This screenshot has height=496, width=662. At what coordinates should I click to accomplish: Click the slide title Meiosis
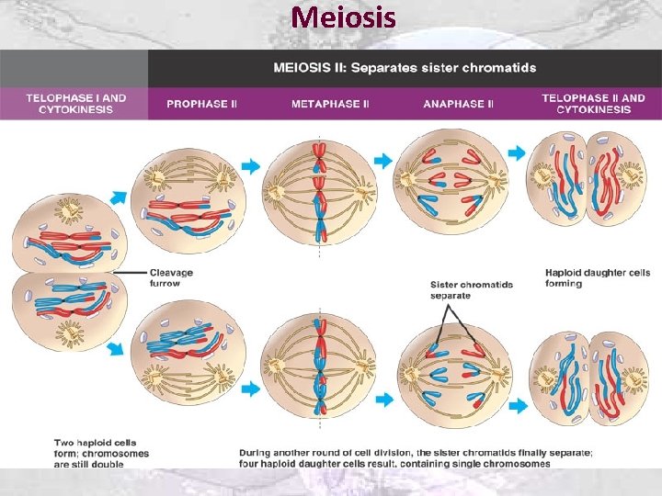[x=344, y=17]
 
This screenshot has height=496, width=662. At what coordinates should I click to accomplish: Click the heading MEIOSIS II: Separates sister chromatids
[x=405, y=68]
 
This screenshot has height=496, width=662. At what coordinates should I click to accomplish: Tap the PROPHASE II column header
[x=201, y=104]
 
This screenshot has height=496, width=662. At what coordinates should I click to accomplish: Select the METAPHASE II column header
[x=330, y=104]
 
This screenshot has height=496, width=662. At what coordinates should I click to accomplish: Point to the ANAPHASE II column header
[x=458, y=104]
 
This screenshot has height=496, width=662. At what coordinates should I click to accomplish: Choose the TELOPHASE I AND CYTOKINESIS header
[x=75, y=103]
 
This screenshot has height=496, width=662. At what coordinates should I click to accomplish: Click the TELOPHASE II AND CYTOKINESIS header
[x=593, y=103]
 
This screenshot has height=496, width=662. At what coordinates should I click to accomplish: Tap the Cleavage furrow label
[x=171, y=277]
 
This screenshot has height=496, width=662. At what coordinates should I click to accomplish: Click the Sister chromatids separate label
[x=472, y=289]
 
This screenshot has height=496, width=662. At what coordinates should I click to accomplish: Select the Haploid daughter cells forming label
[x=597, y=277]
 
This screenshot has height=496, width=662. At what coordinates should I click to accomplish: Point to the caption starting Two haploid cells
[x=101, y=454]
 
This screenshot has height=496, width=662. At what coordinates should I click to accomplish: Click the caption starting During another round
[x=416, y=457]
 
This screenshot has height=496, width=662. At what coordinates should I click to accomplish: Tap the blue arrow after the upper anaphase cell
[x=518, y=153]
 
